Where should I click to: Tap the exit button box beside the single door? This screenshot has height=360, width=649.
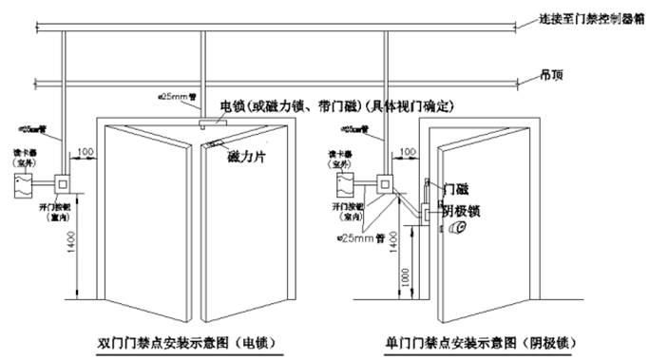tap(386, 182)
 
